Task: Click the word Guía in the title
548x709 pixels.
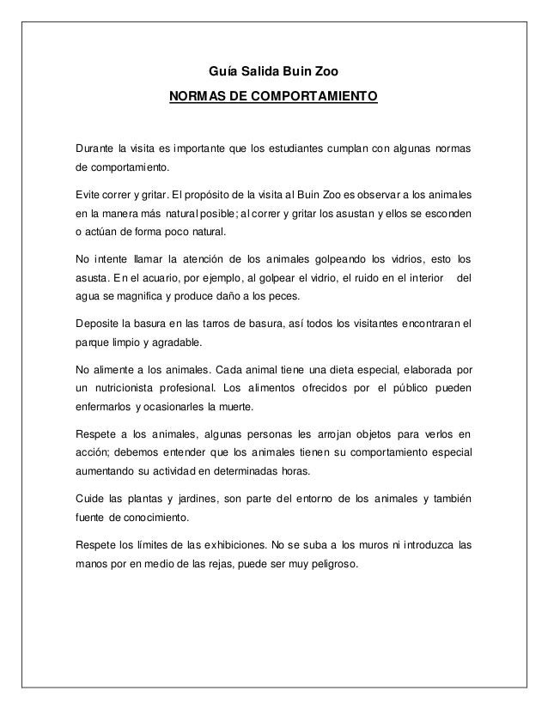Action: [x=224, y=69]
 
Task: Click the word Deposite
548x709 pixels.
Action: [x=100, y=324]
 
